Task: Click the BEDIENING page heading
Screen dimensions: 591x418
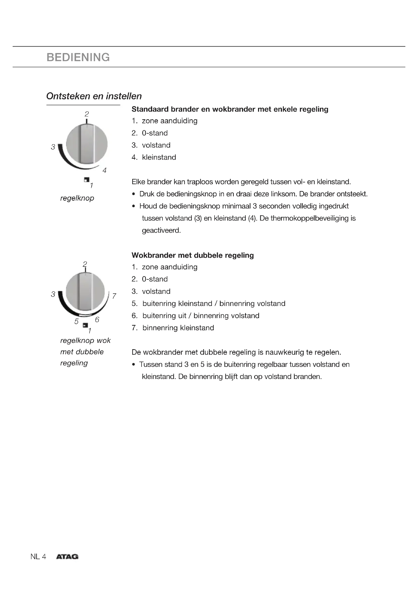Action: click(78, 57)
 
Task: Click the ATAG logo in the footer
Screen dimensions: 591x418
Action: click(67, 556)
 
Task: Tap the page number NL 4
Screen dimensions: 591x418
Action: click(38, 556)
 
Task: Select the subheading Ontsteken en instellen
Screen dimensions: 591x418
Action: click(94, 96)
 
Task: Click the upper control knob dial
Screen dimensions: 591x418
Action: click(87, 144)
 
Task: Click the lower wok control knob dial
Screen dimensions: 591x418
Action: click(85, 291)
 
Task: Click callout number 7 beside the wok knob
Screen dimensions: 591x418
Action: click(114, 296)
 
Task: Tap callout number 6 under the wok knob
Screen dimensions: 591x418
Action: click(97, 320)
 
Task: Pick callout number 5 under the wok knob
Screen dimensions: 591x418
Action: click(76, 321)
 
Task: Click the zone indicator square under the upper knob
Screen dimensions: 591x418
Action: click(86, 180)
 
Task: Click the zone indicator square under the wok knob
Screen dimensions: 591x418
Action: click(85, 326)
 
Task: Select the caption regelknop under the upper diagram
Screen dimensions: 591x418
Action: click(77, 198)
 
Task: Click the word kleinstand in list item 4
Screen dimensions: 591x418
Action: click(159, 157)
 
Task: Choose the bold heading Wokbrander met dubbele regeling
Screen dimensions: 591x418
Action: click(193, 255)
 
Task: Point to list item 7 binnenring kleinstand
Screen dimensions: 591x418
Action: click(178, 328)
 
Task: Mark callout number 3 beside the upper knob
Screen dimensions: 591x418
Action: click(53, 147)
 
